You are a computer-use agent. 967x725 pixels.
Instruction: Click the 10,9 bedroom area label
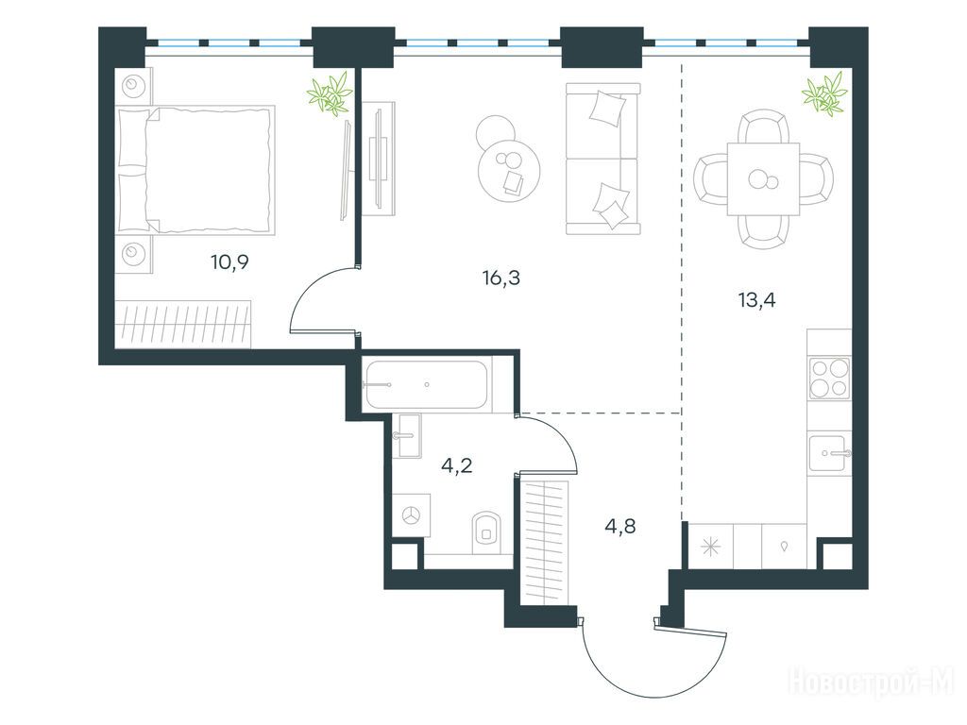click(x=229, y=262)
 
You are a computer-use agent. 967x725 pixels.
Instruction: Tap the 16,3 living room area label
click(x=500, y=278)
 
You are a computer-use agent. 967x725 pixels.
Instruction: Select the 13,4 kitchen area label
click(x=756, y=300)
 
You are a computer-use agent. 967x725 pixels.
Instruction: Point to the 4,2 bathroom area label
click(x=457, y=464)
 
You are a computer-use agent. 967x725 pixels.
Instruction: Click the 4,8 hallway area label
click(x=620, y=527)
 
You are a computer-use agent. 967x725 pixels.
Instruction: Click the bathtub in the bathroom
click(x=426, y=385)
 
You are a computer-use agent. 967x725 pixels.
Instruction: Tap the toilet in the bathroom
click(x=486, y=531)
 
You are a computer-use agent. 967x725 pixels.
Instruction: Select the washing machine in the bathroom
click(x=411, y=514)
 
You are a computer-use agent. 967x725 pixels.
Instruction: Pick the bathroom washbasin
click(x=409, y=436)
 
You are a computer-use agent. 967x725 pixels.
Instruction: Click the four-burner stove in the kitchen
click(x=829, y=379)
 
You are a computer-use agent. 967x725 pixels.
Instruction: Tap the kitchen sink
click(x=827, y=453)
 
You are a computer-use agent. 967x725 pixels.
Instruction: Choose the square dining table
click(x=763, y=179)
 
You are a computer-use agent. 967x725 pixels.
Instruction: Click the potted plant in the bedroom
click(x=330, y=93)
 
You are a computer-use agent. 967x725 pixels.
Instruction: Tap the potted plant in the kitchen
click(x=824, y=93)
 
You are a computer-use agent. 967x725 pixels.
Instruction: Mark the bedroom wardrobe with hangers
click(x=183, y=325)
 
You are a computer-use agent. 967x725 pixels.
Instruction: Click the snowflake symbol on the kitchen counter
click(x=710, y=547)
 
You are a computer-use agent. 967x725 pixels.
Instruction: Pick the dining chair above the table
click(x=763, y=127)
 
